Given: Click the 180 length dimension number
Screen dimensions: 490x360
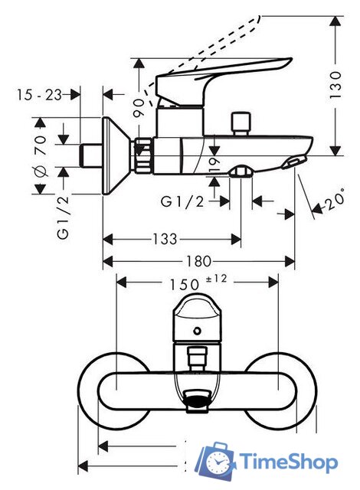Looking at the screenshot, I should [201, 262].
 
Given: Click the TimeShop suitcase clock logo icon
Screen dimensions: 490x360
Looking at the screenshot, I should [218, 462].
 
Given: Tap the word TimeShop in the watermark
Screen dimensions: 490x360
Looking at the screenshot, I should [288, 462].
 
